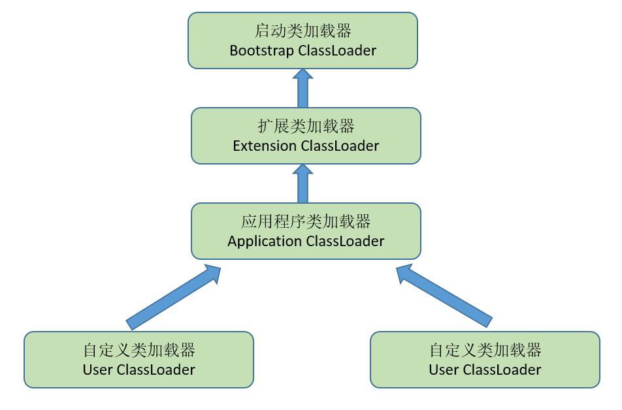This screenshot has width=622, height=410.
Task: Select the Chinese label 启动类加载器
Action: pyautogui.click(x=303, y=31)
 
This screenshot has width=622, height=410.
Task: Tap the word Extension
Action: pyautogui.click(x=265, y=146)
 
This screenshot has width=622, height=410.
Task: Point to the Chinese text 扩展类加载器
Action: pyautogui.click(x=306, y=126)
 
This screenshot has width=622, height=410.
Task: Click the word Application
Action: pyautogui.click(x=265, y=241)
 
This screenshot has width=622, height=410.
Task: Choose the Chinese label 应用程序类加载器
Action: pyautogui.click(x=306, y=221)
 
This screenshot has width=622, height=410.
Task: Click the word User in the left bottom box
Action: pyautogui.click(x=98, y=370)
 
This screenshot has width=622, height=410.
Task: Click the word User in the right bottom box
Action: pyautogui.click(x=444, y=370)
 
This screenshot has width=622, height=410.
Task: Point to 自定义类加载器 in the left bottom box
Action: pyautogui.click(x=139, y=350)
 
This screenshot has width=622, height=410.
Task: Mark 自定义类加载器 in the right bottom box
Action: pyautogui.click(x=485, y=350)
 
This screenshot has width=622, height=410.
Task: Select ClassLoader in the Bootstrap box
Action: pyautogui.click(x=337, y=50)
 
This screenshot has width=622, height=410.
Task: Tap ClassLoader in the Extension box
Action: pyautogui.click(x=340, y=146)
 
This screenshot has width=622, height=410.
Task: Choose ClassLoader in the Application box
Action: pyautogui.click(x=345, y=241)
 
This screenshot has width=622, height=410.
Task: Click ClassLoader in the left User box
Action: pyautogui.click(x=155, y=370)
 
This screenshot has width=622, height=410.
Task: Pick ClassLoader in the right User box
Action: pyautogui.click(x=502, y=370)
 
